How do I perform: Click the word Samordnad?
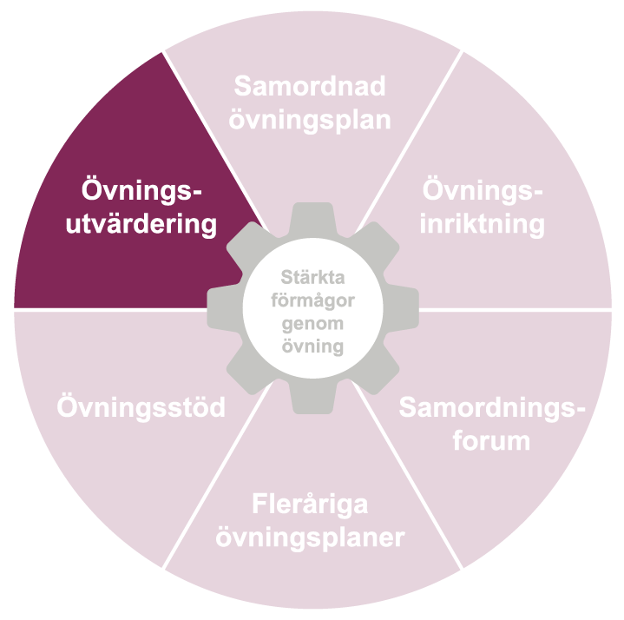311,87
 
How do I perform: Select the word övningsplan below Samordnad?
311,118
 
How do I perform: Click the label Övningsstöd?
141,407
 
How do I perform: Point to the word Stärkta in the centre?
312,279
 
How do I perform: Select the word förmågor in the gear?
312,301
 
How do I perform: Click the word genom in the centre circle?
312,323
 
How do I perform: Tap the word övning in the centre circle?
312,346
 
